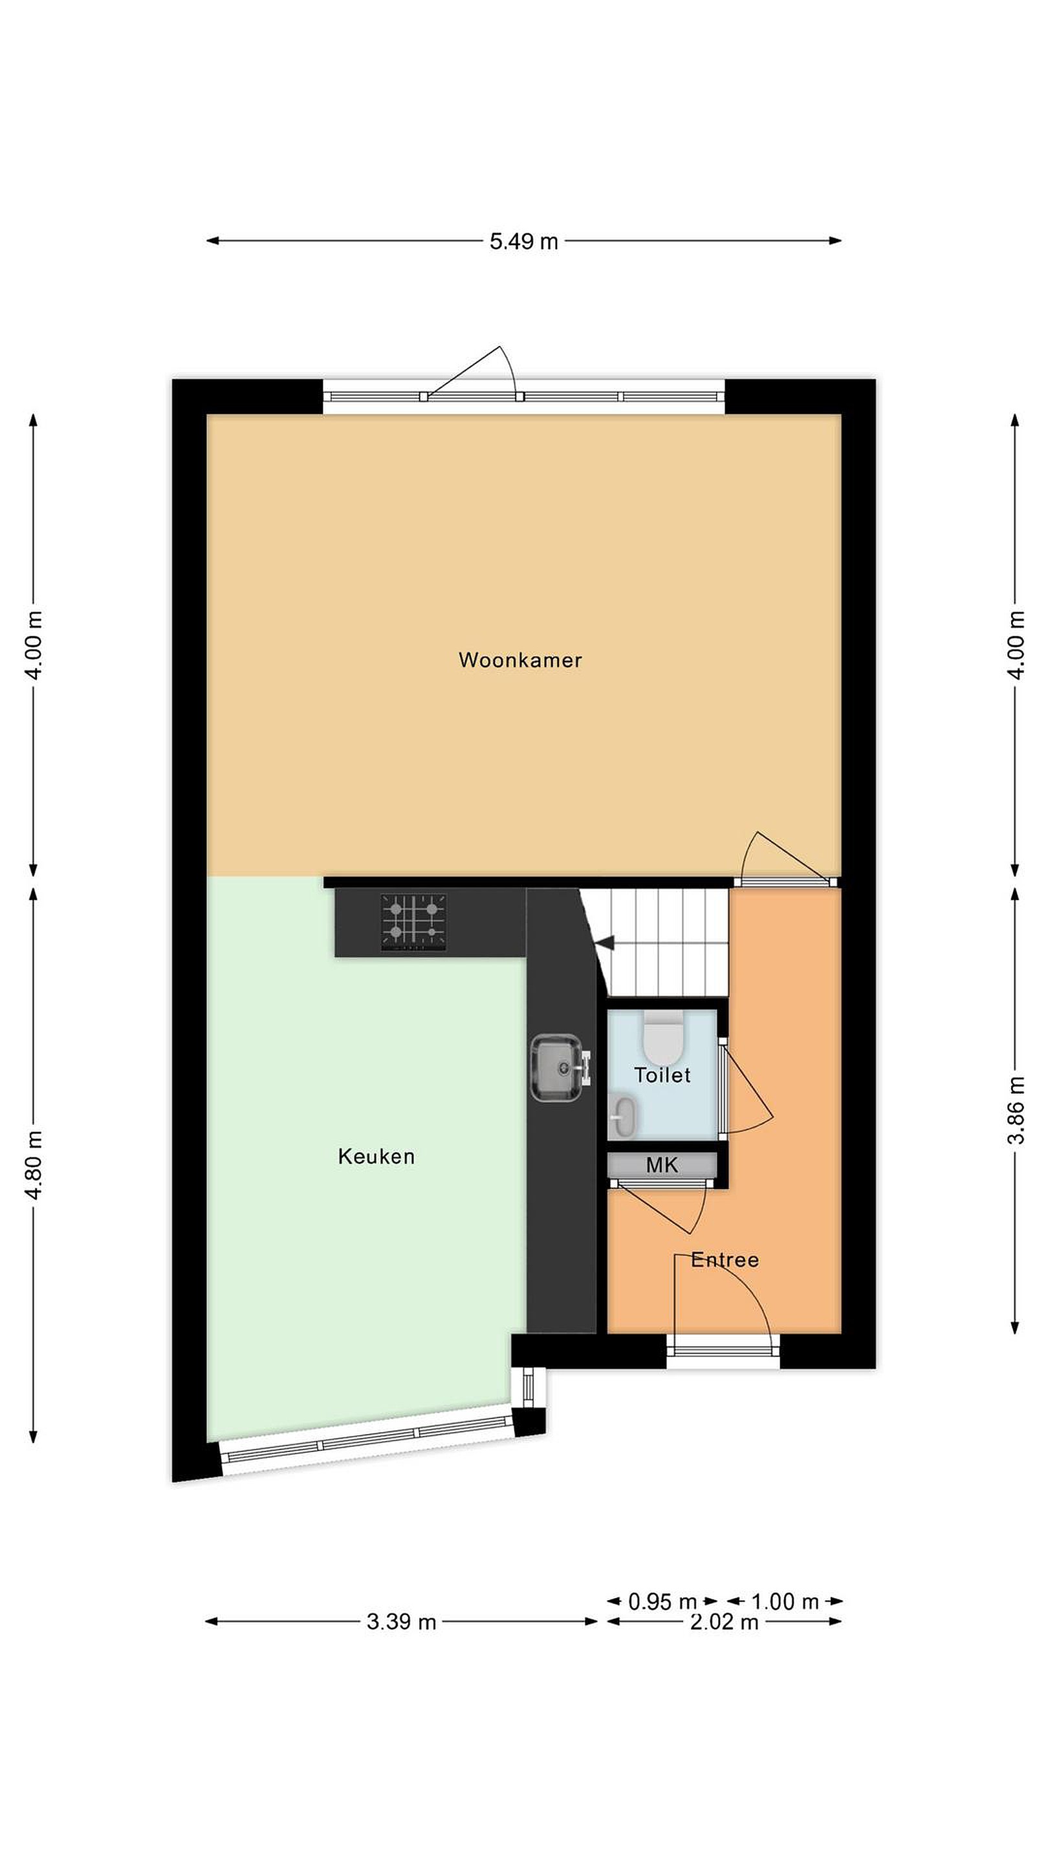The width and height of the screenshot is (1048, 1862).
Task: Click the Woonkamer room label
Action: tap(520, 660)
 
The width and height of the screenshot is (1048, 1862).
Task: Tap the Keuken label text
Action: tap(376, 1157)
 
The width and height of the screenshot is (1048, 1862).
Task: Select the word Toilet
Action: tap(662, 1075)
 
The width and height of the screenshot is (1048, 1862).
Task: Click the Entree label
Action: tap(725, 1260)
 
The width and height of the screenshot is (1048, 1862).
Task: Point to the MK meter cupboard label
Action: tap(662, 1164)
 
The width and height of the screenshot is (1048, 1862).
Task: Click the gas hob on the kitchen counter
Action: tap(414, 923)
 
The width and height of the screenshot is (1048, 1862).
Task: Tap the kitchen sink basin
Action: tap(556, 1067)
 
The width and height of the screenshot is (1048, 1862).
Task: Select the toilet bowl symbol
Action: tap(662, 1034)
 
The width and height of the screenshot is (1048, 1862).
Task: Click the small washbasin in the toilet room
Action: tap(624, 1117)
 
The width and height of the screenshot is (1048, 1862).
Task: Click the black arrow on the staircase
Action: tap(604, 943)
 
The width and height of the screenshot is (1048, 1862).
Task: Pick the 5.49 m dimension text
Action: tap(523, 241)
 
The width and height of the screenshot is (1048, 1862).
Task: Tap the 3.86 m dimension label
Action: tap(1016, 1110)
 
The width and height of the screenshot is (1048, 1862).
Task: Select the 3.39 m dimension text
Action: tap(401, 1622)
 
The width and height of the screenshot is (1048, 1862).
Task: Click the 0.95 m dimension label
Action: tap(662, 1602)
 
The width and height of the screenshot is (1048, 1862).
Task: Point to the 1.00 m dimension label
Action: tap(785, 1602)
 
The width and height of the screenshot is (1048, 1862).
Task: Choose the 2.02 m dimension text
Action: tap(724, 1622)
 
